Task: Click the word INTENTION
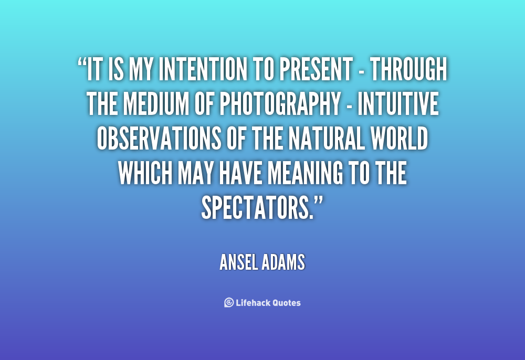(203, 69)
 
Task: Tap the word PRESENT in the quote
(316, 69)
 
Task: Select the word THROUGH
(408, 69)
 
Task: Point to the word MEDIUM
(156, 104)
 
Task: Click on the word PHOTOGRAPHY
(280, 104)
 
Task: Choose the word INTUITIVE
(398, 104)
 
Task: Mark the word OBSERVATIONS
(159, 139)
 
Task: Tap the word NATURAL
(326, 139)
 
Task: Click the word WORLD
(399, 139)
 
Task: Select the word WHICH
(145, 173)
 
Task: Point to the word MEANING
(306, 173)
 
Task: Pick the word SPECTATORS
(257, 208)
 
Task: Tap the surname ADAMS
(284, 262)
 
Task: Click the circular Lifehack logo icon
(229, 302)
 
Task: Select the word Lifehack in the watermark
(253, 303)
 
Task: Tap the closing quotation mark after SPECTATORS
(319, 202)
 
